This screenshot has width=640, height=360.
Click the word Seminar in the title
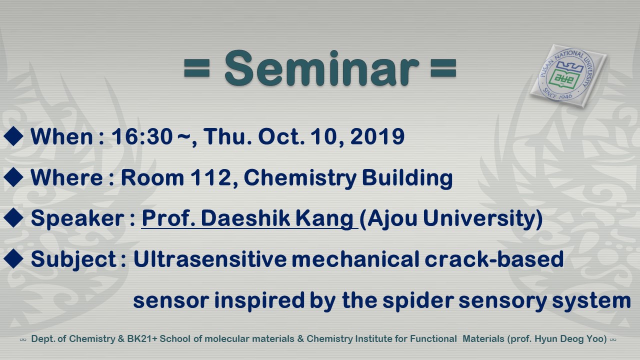pos(321,68)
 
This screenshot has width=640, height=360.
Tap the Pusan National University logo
pos(568,76)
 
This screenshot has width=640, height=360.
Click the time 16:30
pos(141,136)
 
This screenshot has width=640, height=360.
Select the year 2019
pos(377,136)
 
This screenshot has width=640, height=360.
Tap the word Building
pos(407,178)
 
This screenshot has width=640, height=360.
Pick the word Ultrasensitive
pos(209,259)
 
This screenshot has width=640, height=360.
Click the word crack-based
pos(494,259)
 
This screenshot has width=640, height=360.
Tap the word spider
pos(418,300)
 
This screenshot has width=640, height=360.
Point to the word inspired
pos(259,300)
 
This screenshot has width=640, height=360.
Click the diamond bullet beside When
pos(13,136)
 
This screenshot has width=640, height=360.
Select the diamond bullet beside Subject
pos(13,259)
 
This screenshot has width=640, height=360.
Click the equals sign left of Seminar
pos(197,68)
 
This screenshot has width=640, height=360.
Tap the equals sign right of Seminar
pos(443,68)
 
